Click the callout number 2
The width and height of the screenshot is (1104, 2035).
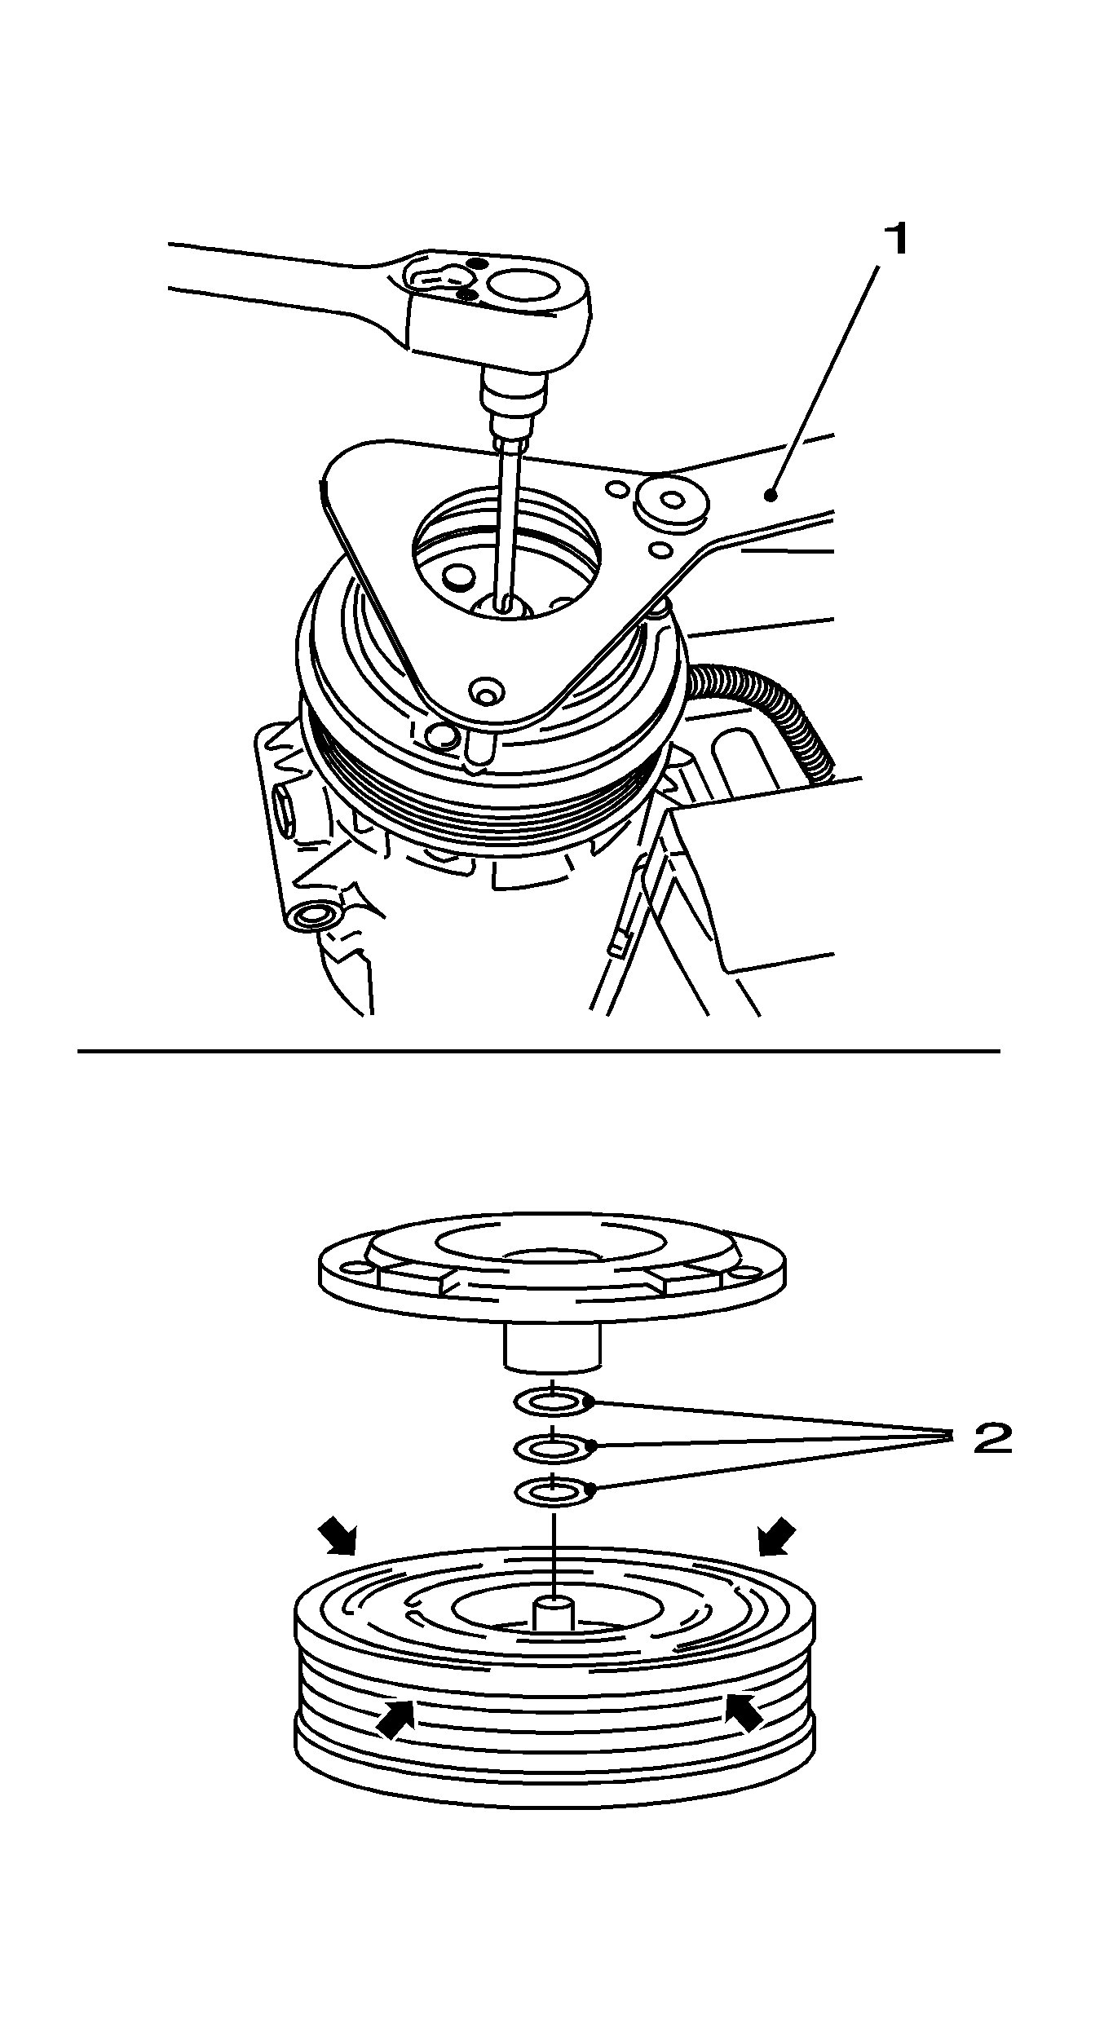[x=992, y=1439]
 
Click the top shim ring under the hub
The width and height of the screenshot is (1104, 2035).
[x=554, y=1402]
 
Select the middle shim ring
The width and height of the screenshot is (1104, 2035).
[x=554, y=1447]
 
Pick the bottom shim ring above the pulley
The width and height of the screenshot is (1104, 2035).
[x=554, y=1492]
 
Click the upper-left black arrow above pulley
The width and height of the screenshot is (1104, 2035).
[x=338, y=1538]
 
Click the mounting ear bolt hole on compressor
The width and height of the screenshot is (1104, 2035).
[x=311, y=916]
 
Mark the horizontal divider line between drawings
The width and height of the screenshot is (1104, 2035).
[x=538, y=1052]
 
